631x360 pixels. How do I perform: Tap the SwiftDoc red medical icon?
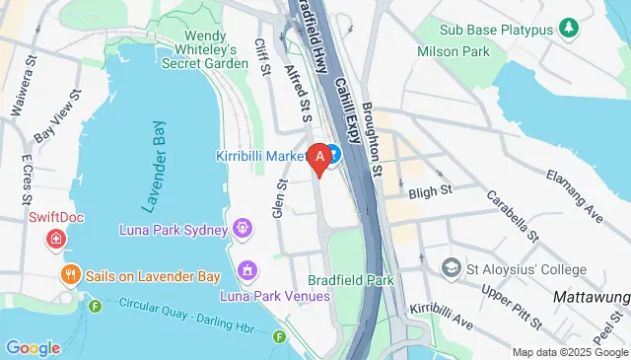click(57, 239)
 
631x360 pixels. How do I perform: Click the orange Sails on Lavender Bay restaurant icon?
click(70, 275)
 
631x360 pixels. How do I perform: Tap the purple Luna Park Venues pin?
click(247, 269)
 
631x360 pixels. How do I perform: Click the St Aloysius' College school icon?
click(452, 267)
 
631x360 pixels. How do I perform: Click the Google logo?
click(33, 347)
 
